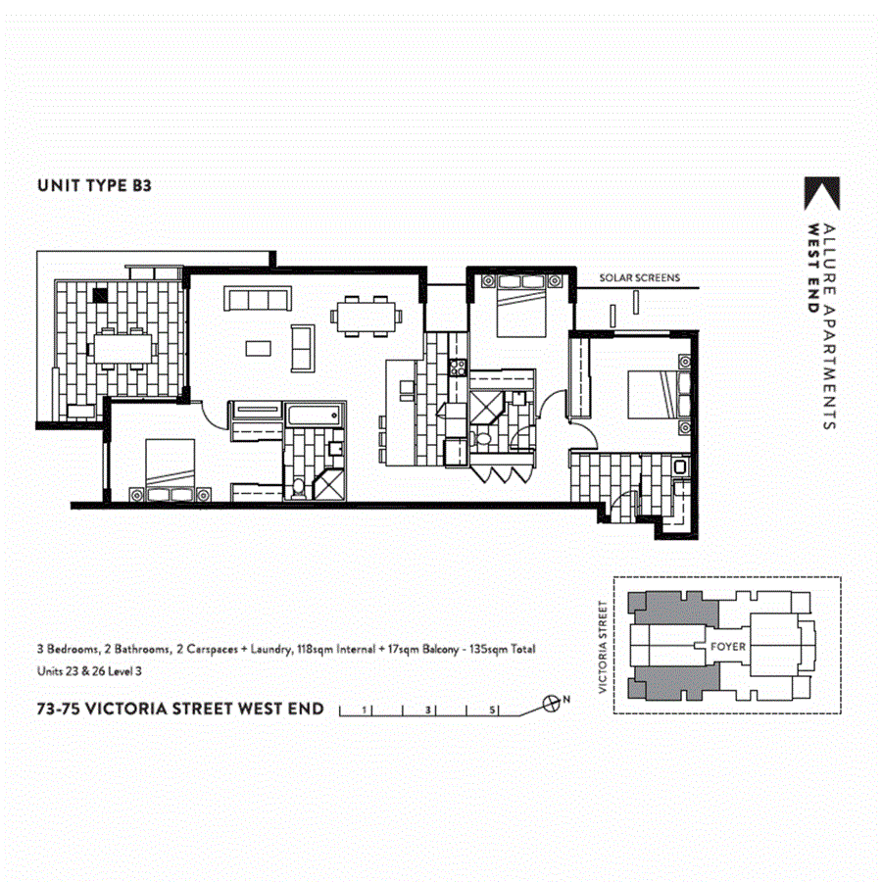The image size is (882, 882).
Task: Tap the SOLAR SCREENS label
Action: pos(640,278)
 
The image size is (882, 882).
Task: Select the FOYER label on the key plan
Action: pos(727,647)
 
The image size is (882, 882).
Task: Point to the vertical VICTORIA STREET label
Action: pos(603,647)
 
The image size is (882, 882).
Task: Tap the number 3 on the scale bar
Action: pos(428,709)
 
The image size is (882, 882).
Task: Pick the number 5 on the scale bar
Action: pos(494,709)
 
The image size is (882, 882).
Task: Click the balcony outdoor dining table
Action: pos(122,347)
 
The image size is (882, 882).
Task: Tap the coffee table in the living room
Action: pos(259,346)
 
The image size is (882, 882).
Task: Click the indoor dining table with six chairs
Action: pos(366,317)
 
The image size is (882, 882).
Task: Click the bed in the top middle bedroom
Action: pos(519,304)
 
